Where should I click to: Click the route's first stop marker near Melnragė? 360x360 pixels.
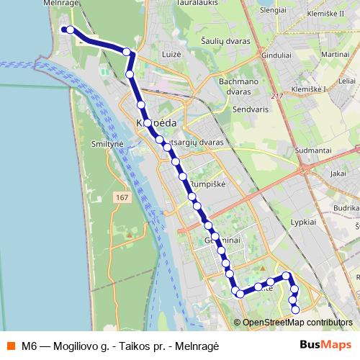tap(65, 30)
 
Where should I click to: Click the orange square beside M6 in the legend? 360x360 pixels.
tap(10, 345)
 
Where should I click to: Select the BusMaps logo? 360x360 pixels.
tap(325, 344)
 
